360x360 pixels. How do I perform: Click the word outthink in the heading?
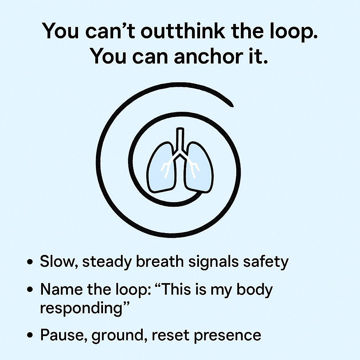point(183,31)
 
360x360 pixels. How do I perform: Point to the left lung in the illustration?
point(160,167)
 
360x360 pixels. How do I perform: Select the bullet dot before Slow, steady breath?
point(30,262)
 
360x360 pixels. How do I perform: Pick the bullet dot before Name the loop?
point(30,290)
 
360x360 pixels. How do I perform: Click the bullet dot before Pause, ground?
point(30,335)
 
